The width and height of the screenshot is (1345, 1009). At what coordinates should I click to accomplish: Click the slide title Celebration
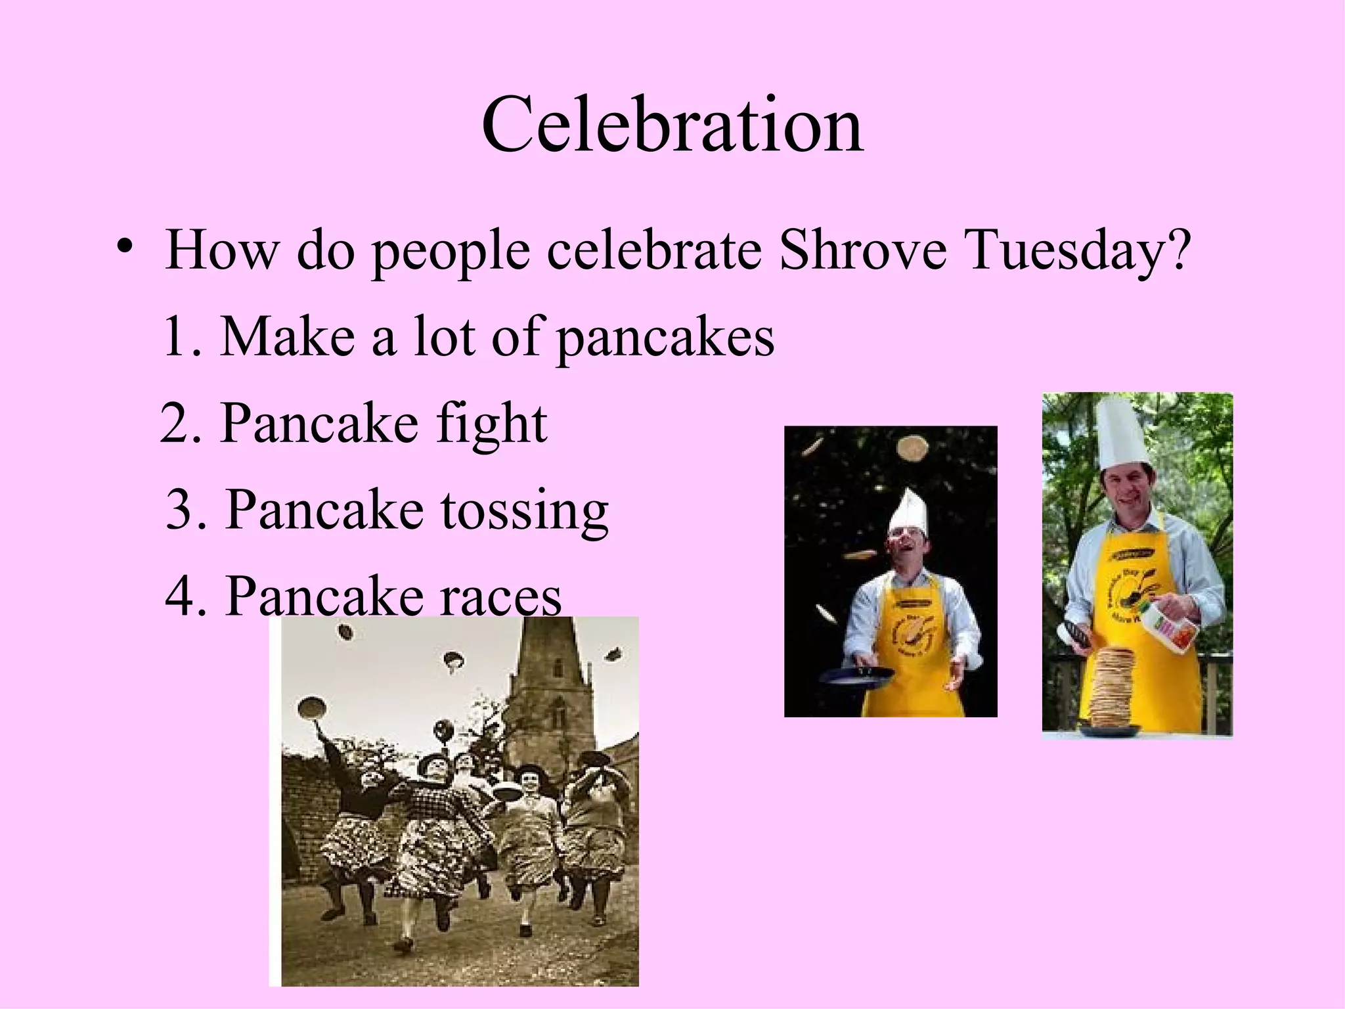pyautogui.click(x=672, y=125)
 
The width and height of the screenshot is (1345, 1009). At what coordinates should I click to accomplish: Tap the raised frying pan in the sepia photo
pyautogui.click(x=312, y=709)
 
